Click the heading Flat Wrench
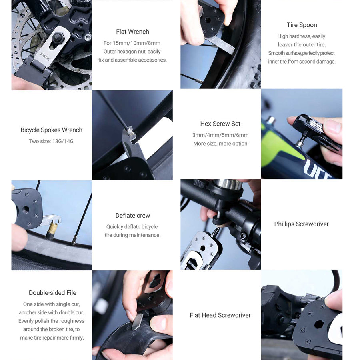point(132,32)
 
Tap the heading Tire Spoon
point(302,25)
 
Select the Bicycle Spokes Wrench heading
point(52,130)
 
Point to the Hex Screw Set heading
point(220,124)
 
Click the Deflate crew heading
point(133,215)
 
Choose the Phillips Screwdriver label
point(302,224)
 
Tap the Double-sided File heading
point(52,293)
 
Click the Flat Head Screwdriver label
point(220,315)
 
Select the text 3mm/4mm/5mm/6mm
point(220,135)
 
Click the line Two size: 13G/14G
point(51,142)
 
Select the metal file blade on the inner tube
point(137,322)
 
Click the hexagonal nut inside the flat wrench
point(56,38)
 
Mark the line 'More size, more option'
point(220,144)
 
